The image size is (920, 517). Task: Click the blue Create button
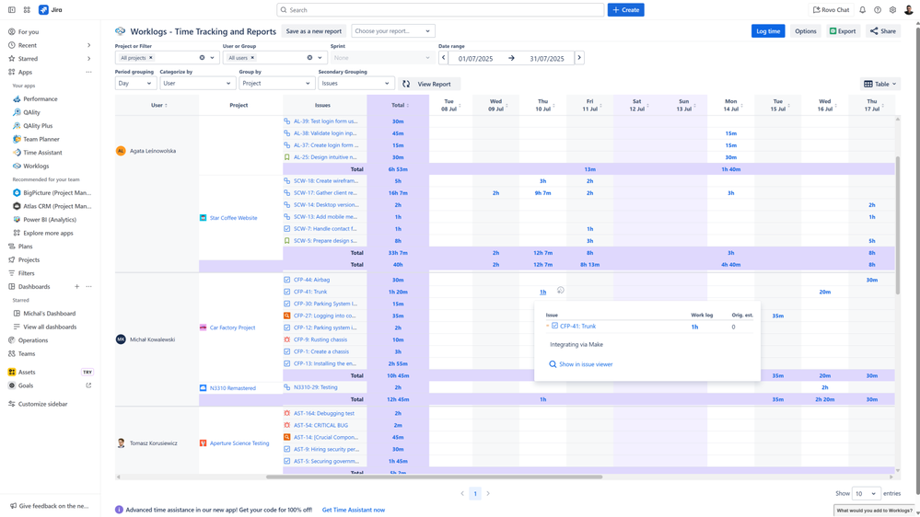point(625,10)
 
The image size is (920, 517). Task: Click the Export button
point(843,31)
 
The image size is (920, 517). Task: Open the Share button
point(883,31)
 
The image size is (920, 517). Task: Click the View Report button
point(428,84)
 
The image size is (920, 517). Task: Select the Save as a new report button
point(313,31)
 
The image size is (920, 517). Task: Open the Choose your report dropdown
point(392,31)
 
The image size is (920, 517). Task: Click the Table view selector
point(880,84)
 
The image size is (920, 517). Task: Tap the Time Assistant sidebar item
point(42,153)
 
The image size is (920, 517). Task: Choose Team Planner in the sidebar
point(41,139)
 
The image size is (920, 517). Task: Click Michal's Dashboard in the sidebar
point(50,314)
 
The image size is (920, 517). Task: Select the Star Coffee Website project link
point(233,218)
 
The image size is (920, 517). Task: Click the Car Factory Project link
point(232,327)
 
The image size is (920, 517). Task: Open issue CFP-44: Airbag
point(311,280)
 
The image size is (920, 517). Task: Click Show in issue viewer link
point(586,364)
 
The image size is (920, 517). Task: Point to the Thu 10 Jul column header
point(542,105)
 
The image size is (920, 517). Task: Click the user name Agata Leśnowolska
point(153,151)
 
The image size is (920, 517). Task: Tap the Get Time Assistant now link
point(354,510)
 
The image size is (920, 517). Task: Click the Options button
point(806,31)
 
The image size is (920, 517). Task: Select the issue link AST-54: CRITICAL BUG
point(320,425)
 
